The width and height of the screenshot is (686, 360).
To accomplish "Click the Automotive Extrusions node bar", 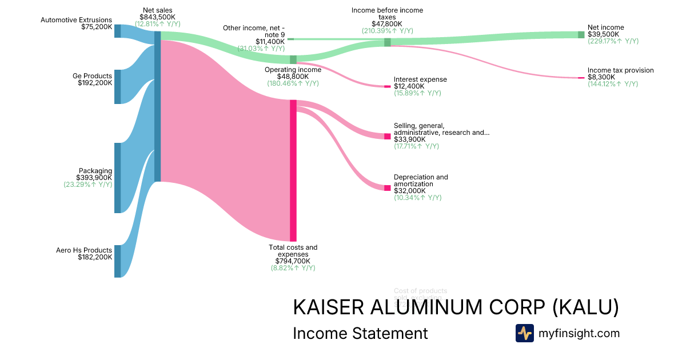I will (117, 31).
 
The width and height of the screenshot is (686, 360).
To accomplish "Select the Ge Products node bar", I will (117, 87).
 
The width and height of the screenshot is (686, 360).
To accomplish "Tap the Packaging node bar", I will (117, 178).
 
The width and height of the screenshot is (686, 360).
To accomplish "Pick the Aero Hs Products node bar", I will (117, 261).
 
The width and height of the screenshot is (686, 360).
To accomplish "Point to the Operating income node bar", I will (293, 59).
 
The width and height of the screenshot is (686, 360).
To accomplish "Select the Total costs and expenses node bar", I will (293, 170).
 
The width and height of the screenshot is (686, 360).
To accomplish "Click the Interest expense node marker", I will (387, 86).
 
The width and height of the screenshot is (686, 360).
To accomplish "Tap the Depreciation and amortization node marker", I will (387, 188).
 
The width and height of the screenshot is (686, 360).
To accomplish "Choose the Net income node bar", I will (581, 35).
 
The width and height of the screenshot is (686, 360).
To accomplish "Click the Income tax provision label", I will (620, 70).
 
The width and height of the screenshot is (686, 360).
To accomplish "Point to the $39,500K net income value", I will (603, 34).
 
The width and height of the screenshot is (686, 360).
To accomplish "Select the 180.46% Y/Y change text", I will (293, 83).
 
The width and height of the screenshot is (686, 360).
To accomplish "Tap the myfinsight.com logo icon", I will (524, 333).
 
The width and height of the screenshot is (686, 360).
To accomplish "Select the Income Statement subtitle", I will (360, 333).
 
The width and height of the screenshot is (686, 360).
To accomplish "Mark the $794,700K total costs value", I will (293, 261).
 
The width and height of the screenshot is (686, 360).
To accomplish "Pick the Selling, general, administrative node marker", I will (387, 137).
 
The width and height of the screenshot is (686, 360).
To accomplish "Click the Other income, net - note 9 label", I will (254, 31).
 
